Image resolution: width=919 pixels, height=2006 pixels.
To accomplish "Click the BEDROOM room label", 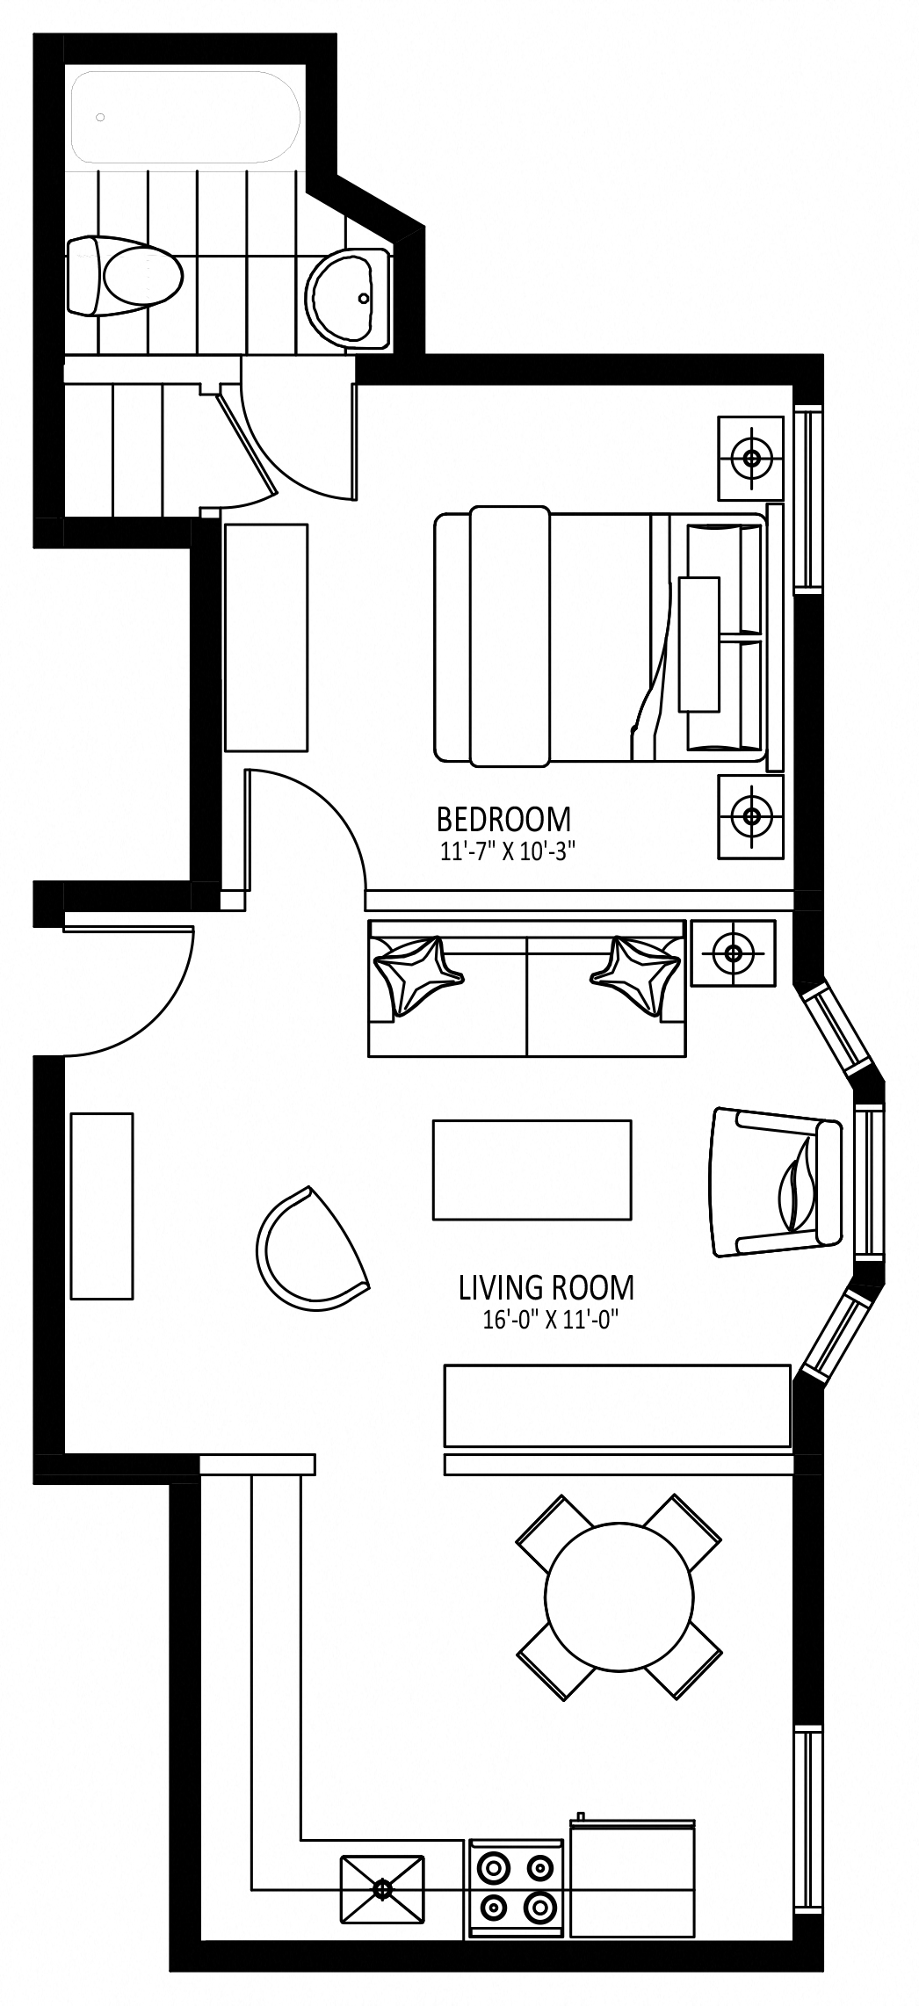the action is [x=503, y=819].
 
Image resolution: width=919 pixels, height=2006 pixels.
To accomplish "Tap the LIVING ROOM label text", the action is [x=546, y=1288].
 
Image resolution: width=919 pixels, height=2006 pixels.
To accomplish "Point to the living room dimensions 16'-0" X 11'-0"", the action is [x=546, y=1321].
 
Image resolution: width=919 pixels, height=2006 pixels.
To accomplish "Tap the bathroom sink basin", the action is [x=348, y=298].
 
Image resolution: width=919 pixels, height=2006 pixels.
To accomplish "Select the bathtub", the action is [x=185, y=117].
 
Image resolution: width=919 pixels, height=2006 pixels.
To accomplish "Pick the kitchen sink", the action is [x=382, y=1887].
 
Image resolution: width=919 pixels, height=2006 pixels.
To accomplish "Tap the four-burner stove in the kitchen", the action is [x=516, y=1887].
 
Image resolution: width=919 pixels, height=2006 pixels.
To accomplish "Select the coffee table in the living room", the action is [x=532, y=1170].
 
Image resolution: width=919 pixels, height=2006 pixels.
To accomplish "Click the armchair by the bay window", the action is [x=778, y=1182].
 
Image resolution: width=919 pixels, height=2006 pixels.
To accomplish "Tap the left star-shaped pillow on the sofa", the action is [x=417, y=974].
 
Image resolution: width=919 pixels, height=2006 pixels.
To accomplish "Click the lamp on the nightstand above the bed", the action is [x=751, y=458].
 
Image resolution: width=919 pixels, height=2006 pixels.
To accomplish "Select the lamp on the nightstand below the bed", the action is [x=751, y=816].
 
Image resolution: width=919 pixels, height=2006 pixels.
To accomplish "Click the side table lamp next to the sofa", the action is [x=733, y=952].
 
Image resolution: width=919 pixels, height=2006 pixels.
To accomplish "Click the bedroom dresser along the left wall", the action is [x=266, y=638].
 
